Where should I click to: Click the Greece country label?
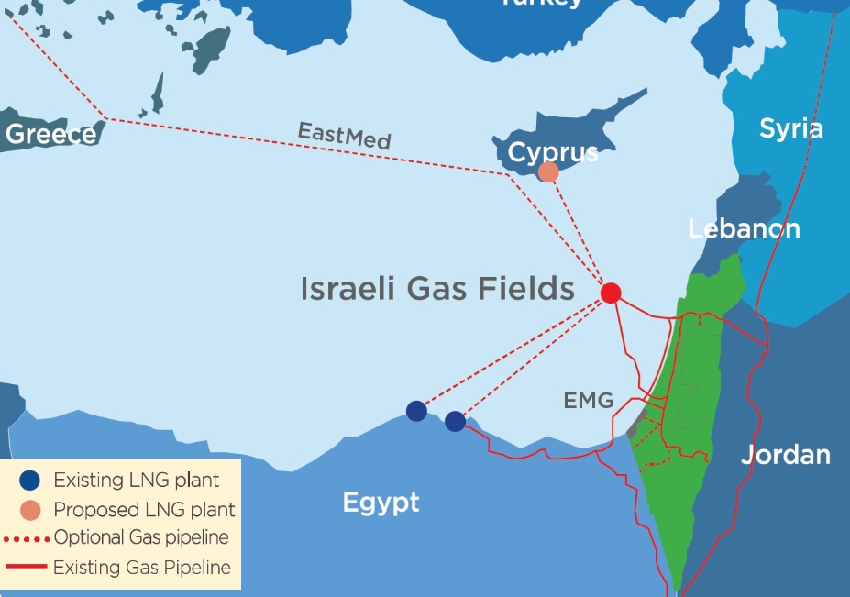pyautogui.click(x=50, y=134)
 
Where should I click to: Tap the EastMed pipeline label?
pyautogui.click(x=344, y=136)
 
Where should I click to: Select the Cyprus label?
pyautogui.click(x=553, y=152)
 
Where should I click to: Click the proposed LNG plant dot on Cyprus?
pyautogui.click(x=548, y=171)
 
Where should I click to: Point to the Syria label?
pyautogui.click(x=790, y=129)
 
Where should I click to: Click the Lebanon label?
pyautogui.click(x=744, y=228)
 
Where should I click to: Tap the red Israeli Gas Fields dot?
pyautogui.click(x=611, y=293)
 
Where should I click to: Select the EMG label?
pyautogui.click(x=588, y=400)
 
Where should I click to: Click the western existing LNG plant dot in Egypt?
pyautogui.click(x=416, y=410)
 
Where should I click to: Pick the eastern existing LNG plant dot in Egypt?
pyautogui.click(x=455, y=421)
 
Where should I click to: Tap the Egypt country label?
pyautogui.click(x=381, y=502)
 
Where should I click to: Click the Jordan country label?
pyautogui.click(x=785, y=454)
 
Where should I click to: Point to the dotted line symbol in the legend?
pyautogui.click(x=28, y=538)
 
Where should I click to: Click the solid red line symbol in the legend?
pyautogui.click(x=28, y=569)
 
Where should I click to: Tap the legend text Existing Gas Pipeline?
pyautogui.click(x=141, y=568)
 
